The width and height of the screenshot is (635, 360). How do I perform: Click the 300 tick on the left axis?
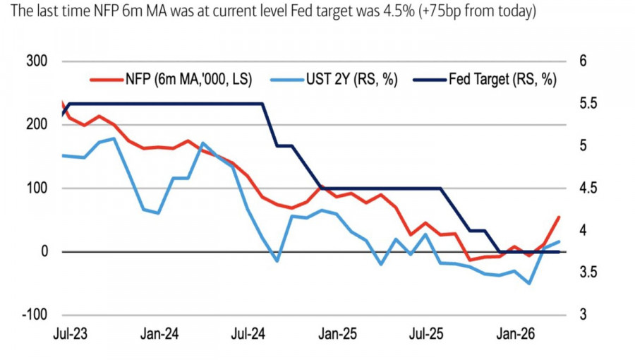pyautogui.click(x=37, y=61)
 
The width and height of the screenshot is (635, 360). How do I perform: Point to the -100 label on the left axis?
pyautogui.click(x=35, y=314)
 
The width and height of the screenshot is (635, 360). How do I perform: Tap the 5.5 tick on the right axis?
pyautogui.click(x=588, y=103)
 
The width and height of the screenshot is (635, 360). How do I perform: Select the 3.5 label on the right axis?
pyautogui.click(x=588, y=272)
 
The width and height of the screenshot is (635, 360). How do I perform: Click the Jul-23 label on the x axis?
pyautogui.click(x=70, y=334)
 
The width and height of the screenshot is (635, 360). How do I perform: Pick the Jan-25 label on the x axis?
pyautogui.click(x=337, y=334)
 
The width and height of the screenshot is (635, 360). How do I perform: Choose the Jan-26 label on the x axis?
pyautogui.click(x=516, y=334)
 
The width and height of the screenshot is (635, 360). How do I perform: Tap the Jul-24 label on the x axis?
pyautogui.click(x=248, y=334)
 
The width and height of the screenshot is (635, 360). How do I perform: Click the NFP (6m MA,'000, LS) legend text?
pyautogui.click(x=188, y=79)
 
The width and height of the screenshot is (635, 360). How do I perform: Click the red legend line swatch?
pyautogui.click(x=106, y=80)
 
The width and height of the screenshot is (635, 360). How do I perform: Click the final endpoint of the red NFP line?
pyautogui.click(x=559, y=217)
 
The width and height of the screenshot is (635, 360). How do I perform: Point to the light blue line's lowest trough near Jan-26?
pyautogui.click(x=529, y=283)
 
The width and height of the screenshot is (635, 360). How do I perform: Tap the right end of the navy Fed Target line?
pyautogui.click(x=559, y=252)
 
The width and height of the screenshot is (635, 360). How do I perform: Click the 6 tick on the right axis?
pyautogui.click(x=583, y=61)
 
